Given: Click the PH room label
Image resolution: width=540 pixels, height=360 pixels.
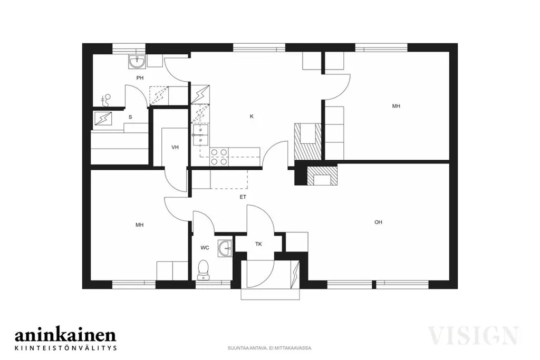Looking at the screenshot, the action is tap(140, 78).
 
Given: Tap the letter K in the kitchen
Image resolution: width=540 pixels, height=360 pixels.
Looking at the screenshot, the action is tap(252, 116).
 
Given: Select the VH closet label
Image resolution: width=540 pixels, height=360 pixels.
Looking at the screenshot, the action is tap(175, 147).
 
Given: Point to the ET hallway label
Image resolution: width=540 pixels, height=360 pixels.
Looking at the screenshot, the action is tap(243, 197).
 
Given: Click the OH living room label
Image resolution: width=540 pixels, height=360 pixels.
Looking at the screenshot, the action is tap(378, 222).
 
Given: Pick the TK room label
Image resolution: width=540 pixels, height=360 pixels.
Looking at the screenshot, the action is tap(258, 244).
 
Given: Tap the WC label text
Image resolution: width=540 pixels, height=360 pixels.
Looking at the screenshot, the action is tap(205, 248).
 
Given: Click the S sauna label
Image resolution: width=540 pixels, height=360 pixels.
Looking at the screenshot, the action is tap(130, 117).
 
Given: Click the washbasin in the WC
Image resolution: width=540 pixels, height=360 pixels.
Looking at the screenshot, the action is tap(225, 248).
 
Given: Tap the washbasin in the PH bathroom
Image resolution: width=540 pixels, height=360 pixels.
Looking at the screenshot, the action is tap(138, 62).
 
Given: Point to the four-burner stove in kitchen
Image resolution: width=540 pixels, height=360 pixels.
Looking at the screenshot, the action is tap(219, 157).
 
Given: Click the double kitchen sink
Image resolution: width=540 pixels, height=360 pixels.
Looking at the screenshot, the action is tap(200, 135).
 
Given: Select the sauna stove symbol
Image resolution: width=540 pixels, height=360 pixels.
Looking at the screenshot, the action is tap(103, 119).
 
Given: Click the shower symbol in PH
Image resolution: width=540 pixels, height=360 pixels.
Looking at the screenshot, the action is tap(107, 100).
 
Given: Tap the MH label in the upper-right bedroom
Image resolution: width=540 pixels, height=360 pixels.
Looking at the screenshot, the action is tap(396, 106).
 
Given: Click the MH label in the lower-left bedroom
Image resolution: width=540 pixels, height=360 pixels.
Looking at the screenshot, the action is tap(139, 225).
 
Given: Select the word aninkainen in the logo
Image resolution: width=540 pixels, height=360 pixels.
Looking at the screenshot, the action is tap(65, 335).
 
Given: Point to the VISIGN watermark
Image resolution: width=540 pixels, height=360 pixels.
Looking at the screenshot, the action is tap(473, 335).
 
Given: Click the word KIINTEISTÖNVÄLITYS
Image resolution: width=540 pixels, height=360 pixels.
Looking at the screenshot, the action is tap(66, 347).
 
